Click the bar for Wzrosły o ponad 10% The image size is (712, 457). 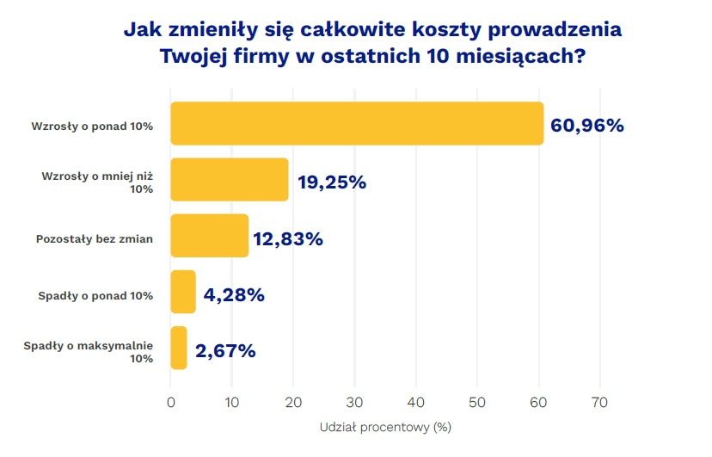(357, 123)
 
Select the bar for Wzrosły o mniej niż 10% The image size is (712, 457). (230, 180)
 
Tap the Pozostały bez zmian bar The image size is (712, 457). (210, 236)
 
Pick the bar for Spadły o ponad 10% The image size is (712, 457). (183, 292)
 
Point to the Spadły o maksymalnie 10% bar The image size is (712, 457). (179, 348)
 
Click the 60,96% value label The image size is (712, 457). (587, 126)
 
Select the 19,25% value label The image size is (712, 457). (332, 182)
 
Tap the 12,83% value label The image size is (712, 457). (288, 239)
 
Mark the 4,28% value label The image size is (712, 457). (234, 295)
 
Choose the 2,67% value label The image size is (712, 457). (225, 351)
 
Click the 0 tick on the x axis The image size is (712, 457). (171, 402)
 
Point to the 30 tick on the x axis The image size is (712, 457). (355, 402)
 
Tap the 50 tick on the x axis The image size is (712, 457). (477, 402)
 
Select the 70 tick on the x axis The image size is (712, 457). (600, 402)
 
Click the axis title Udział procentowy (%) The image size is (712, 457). (386, 427)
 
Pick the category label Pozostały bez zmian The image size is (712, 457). (95, 239)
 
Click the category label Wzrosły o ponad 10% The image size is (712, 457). (92, 127)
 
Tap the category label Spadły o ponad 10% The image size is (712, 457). (95, 296)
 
